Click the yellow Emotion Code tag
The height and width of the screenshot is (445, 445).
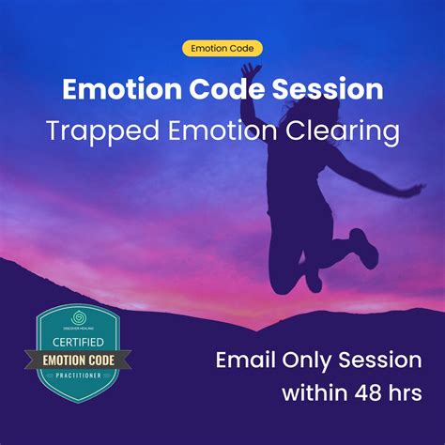coord(222,49)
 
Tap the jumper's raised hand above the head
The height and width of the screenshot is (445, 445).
coord(249,70)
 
